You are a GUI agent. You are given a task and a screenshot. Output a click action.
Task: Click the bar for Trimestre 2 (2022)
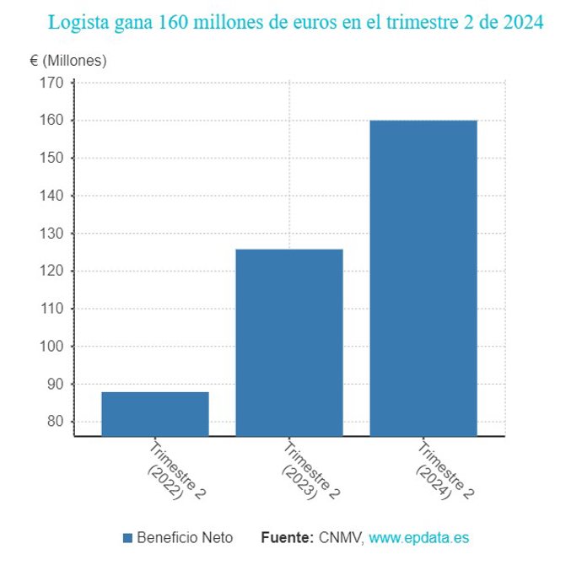click(155, 413)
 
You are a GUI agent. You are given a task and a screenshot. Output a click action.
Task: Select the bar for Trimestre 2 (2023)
click(288, 342)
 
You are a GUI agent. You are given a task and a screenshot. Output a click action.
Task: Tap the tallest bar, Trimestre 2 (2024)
click(423, 277)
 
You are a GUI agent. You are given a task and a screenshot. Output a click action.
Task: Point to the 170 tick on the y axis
click(52, 83)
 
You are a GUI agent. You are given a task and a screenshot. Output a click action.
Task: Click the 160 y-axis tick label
click(52, 121)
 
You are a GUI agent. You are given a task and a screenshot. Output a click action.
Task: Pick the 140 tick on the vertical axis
click(52, 196)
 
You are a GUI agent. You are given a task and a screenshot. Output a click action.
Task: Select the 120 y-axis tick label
click(52, 271)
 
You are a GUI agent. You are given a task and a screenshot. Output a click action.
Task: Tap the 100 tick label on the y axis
click(52, 347)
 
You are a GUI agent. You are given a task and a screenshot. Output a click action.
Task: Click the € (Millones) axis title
click(68, 61)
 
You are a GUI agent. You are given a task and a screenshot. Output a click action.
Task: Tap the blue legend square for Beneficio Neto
click(128, 538)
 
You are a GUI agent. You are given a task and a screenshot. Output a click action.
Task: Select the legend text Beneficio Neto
click(185, 538)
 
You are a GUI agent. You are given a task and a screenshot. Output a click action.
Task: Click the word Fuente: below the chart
click(288, 538)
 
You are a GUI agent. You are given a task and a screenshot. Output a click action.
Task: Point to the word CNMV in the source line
click(341, 538)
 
